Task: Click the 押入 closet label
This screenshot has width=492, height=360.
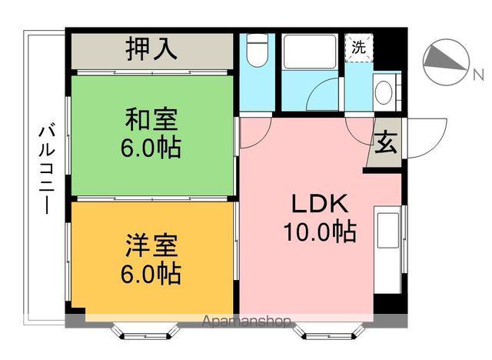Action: [x=151, y=48]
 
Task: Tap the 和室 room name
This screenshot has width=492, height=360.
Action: [x=151, y=119]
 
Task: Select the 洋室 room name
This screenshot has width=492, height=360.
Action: [x=151, y=248]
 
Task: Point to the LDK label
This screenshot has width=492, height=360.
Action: [x=321, y=204]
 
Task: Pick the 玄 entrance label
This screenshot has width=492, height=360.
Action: [x=384, y=144]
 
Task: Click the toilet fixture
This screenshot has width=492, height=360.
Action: [x=258, y=52]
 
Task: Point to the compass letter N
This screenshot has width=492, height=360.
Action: [x=477, y=75]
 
